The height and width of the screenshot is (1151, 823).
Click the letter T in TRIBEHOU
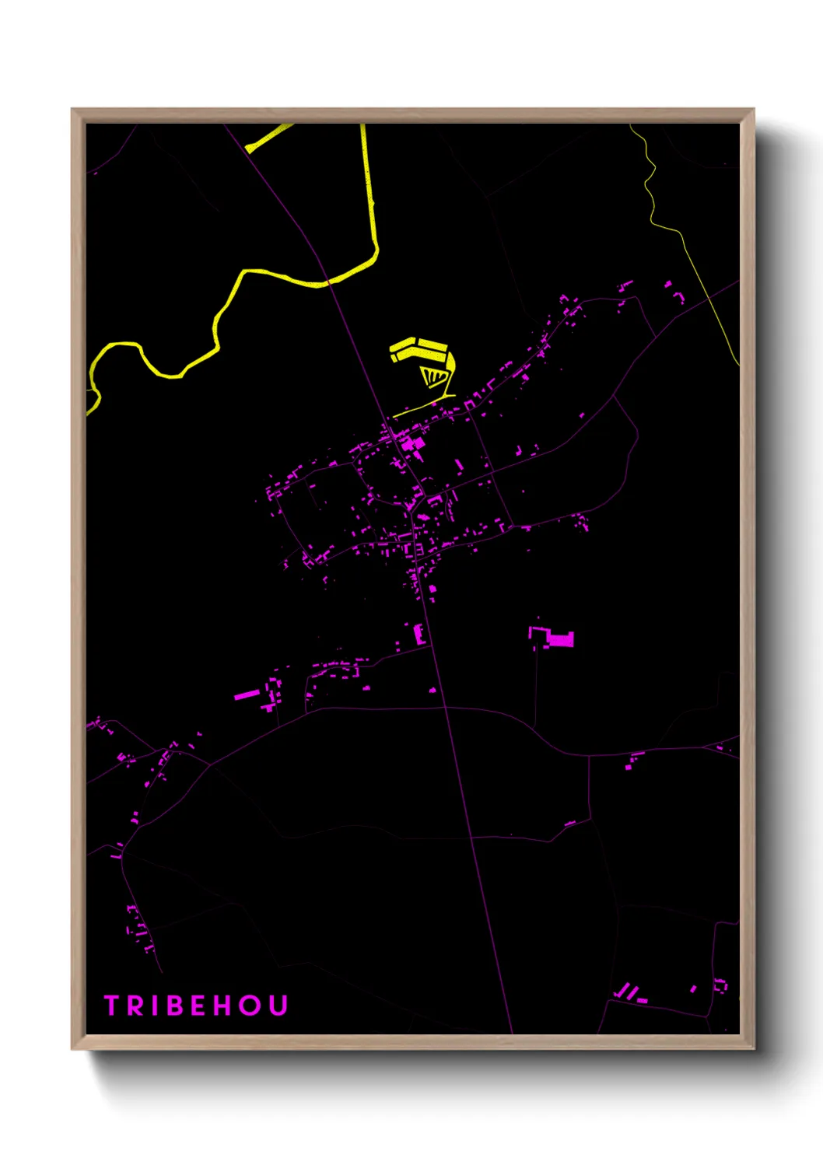[x=111, y=1006]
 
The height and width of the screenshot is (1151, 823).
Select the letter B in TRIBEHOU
[x=173, y=1006]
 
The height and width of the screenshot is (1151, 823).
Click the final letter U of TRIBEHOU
[x=278, y=1006]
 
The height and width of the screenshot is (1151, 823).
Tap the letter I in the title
[x=153, y=1006]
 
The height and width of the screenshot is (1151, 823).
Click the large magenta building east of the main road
[x=559, y=640]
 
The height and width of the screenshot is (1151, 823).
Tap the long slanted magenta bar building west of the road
[x=247, y=694]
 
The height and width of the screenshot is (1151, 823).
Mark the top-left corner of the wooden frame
[x=73, y=110]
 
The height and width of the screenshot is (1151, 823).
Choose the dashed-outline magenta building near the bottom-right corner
[x=720, y=985]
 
